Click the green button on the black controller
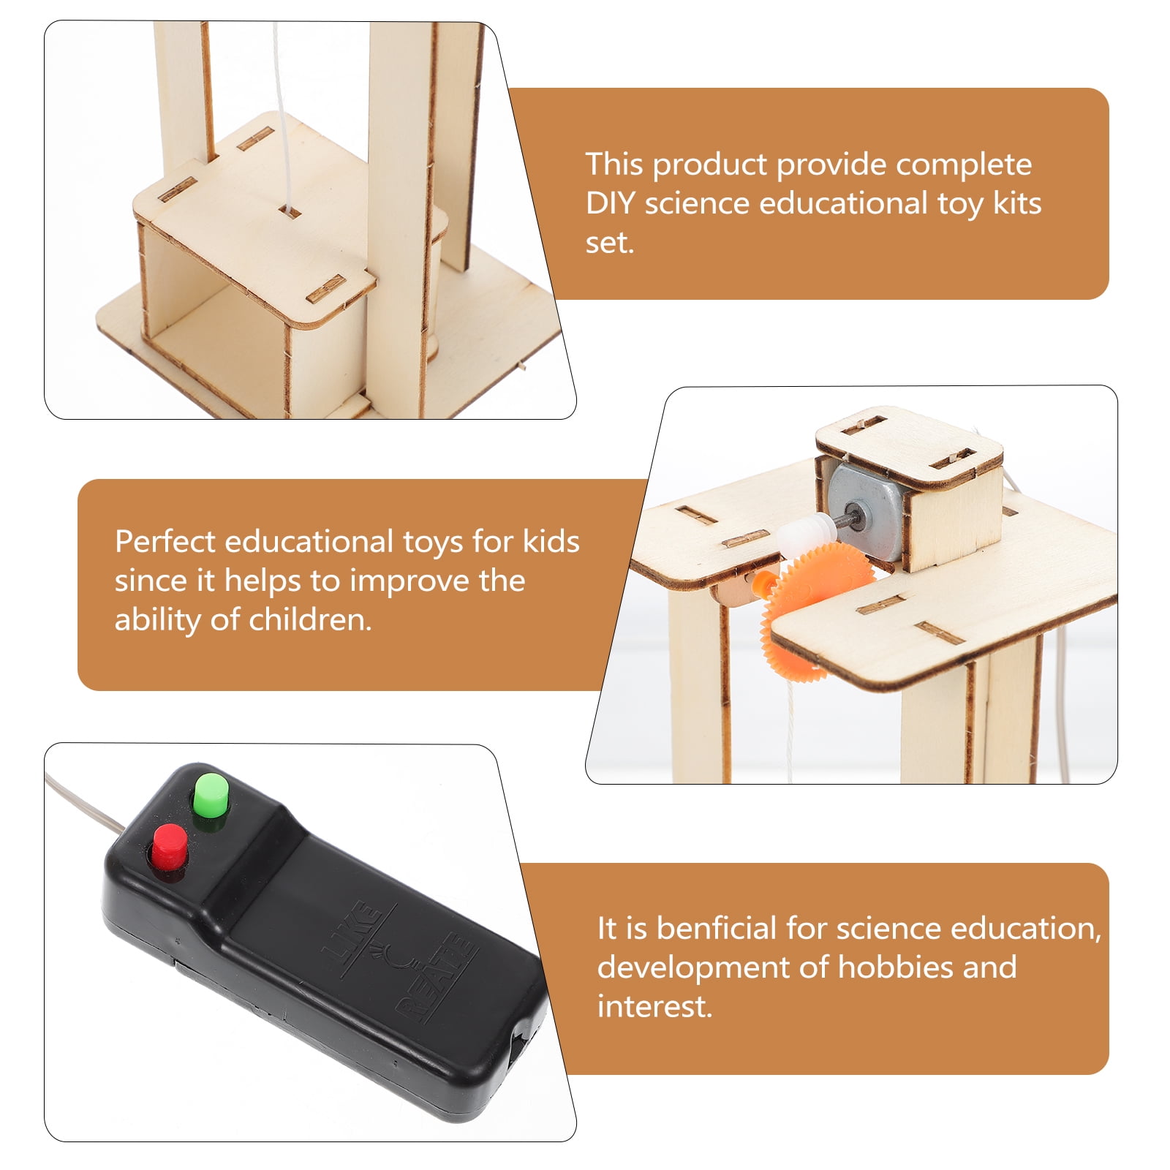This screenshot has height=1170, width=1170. (211, 799)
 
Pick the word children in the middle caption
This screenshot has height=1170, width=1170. (309, 619)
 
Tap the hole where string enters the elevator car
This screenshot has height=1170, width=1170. (290, 212)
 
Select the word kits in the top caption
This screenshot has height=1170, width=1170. (1016, 203)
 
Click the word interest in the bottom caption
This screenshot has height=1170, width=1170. (654, 1006)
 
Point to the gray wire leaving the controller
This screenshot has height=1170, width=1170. (84, 802)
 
